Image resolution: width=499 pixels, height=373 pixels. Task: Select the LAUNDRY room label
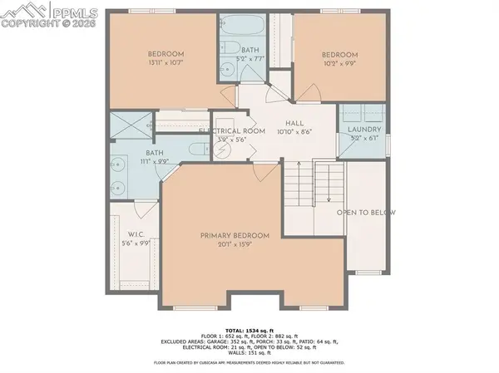coord(365,130)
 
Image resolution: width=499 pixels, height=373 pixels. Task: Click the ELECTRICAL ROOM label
coord(231,131)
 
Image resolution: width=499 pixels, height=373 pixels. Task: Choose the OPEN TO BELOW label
coord(365,213)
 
